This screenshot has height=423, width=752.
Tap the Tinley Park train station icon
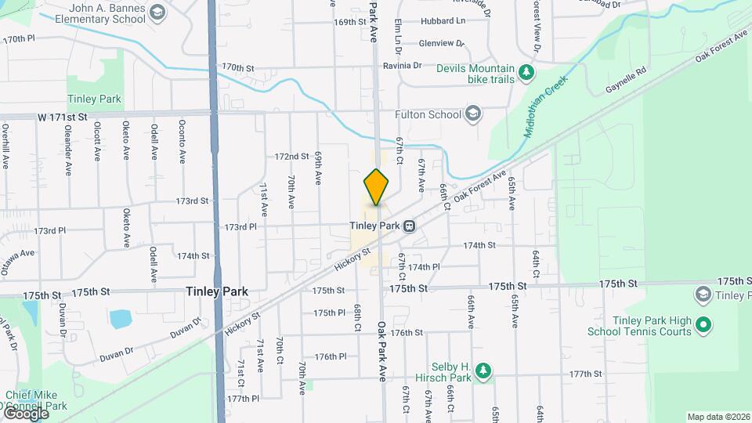point(409,226)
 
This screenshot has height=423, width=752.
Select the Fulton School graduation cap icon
point(472,115)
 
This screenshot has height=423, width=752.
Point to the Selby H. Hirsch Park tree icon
point(484,369)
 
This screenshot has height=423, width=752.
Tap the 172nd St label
point(291,157)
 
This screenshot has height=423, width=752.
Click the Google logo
point(25,414)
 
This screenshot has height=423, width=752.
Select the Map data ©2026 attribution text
point(718,417)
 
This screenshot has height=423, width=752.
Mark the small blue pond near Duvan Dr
point(121,319)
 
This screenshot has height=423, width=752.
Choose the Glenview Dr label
point(442,44)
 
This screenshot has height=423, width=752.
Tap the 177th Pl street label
point(243,399)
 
